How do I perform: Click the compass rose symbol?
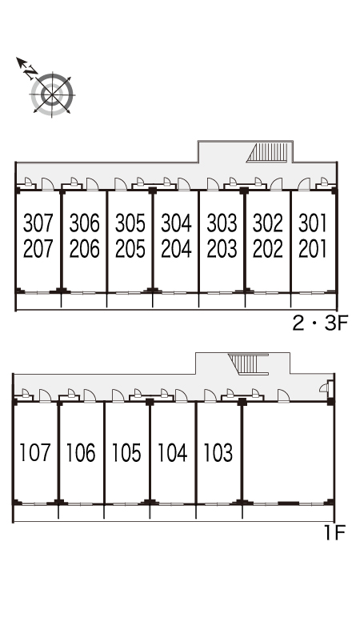pyautogui.click(x=52, y=95)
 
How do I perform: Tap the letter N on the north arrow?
pyautogui.click(x=30, y=72)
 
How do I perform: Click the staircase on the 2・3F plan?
pyautogui.click(x=269, y=153)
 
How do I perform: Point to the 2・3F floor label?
pyautogui.click(x=320, y=324)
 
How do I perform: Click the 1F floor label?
pyautogui.click(x=334, y=533)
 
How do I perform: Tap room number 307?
pyautogui.click(x=38, y=223)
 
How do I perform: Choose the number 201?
pyautogui.click(x=313, y=249)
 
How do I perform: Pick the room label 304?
pyautogui.click(x=176, y=223)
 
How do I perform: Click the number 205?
pyautogui.click(x=130, y=249)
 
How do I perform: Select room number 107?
pyautogui.click(x=35, y=452)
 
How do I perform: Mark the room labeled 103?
pyautogui.click(x=218, y=452)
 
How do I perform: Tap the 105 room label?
pyautogui.click(x=126, y=452)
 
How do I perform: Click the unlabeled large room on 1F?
pyautogui.click(x=288, y=452)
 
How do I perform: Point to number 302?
pyautogui.click(x=268, y=223)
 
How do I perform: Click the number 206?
pyautogui.click(x=84, y=249)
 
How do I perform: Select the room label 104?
pyautogui.click(x=173, y=452)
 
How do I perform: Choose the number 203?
pyautogui.click(x=222, y=249)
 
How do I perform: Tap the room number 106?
pyautogui.click(x=81, y=452)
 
